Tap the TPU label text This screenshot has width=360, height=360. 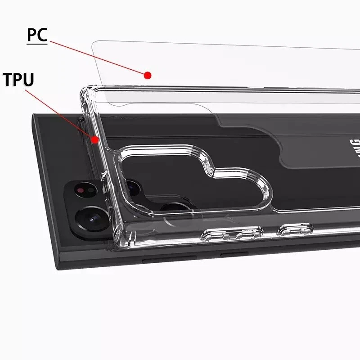18,80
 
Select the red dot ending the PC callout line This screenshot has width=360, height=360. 148,75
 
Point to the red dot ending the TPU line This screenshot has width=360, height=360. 95,140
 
